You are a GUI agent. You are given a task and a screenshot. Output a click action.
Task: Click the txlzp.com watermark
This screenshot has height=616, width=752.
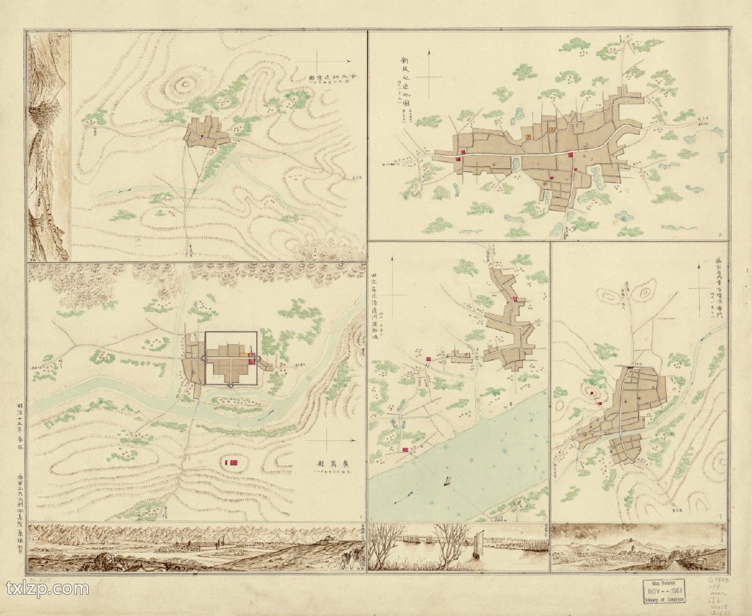tap(47, 588)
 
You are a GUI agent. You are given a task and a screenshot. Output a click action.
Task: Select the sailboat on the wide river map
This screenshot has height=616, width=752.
tap(446, 481)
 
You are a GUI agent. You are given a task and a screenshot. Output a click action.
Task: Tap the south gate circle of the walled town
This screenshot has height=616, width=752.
tap(231, 384)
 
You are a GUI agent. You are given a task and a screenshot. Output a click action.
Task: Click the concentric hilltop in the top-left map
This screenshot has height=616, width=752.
tap(181, 86)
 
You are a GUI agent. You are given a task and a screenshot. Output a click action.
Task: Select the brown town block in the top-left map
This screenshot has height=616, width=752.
tap(206, 133)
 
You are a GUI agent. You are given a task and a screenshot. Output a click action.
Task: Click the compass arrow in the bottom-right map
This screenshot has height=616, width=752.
tap(702, 288)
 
